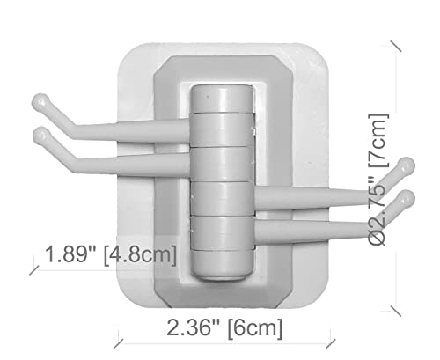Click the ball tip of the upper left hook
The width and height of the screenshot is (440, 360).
click(40, 102)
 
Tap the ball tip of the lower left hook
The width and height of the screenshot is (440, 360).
click(41, 136)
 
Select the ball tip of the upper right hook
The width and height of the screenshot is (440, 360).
click(407, 166)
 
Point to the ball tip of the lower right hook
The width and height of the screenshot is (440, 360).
click(406, 199)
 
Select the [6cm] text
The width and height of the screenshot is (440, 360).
click(255, 328)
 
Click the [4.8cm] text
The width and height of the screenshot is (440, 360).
click(141, 255)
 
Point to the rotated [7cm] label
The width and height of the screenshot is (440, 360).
click(378, 141)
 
